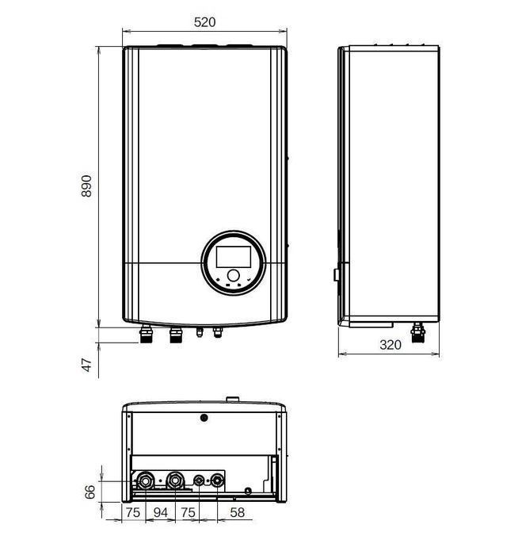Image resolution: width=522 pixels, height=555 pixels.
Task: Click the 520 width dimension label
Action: coord(204,21)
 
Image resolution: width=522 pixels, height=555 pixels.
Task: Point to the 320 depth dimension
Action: coord(390,345)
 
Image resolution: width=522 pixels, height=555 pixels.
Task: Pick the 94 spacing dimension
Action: coord(161,513)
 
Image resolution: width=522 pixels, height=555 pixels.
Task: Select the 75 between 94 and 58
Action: coord(189,513)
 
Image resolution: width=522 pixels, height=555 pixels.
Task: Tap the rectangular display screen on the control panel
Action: coord(233,256)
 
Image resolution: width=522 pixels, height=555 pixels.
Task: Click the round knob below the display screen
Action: coord(233,274)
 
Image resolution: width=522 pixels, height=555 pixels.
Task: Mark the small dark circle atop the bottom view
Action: coord(204,416)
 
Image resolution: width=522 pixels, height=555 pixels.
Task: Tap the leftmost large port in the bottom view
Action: coord(147,480)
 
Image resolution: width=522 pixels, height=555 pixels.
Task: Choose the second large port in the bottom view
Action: coord(174,480)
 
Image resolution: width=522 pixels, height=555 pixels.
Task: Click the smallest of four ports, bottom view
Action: coord(199,480)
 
